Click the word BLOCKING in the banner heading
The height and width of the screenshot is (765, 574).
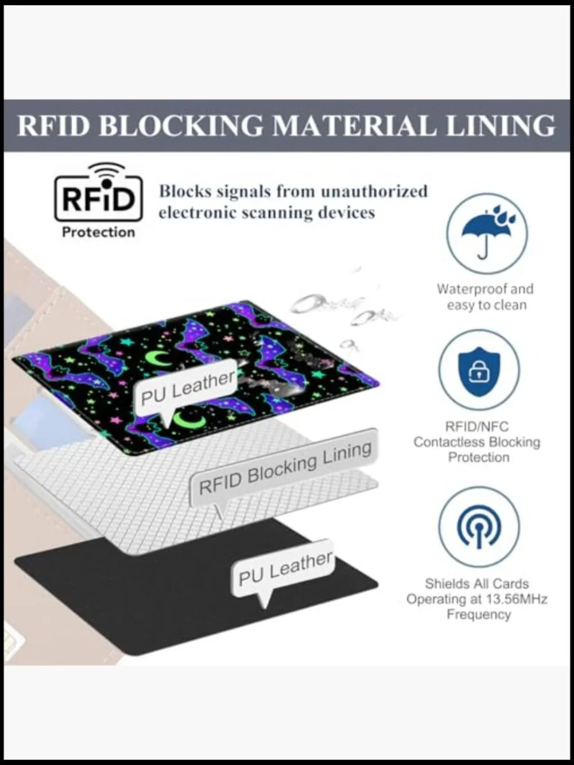click(181, 126)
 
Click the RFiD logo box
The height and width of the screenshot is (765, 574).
click(98, 199)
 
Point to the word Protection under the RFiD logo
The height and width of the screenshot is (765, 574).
click(98, 232)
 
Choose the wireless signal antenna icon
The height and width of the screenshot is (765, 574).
click(479, 527)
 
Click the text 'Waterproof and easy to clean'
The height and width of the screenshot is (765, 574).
click(486, 297)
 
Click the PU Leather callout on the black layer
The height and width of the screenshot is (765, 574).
click(285, 569)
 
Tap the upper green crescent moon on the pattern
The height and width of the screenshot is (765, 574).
click(158, 359)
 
